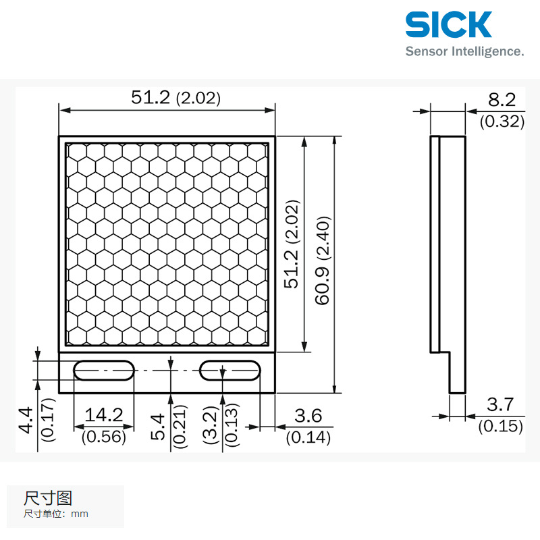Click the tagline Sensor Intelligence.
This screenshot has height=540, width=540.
(464, 51)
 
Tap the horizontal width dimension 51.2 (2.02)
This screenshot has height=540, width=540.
(175, 98)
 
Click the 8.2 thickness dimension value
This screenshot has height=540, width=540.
(502, 101)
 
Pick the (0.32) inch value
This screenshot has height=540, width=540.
(502, 122)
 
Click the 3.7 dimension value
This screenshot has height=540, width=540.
(500, 405)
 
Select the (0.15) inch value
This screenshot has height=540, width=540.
(501, 426)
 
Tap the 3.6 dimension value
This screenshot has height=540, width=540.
(308, 416)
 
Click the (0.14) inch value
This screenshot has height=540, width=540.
(308, 437)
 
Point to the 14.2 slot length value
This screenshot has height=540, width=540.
(103, 416)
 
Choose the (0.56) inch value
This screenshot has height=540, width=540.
(103, 437)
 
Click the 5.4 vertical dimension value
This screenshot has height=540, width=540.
(158, 426)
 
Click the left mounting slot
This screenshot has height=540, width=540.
(103, 370)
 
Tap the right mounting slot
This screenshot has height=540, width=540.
(230, 370)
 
